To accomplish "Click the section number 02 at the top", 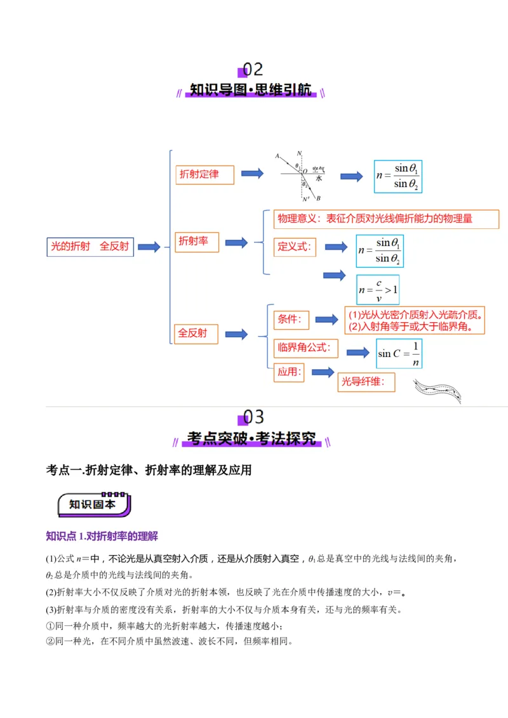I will tap(253, 69).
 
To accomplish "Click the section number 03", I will tap(253, 417).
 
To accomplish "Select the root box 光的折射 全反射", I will tap(90, 247).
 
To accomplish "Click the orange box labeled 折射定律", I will tap(204, 174).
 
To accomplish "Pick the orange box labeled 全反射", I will tap(196, 334).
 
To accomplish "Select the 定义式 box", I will tap(295, 247).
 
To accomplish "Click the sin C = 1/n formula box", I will tap(398, 353).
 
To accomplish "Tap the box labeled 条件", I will tap(291, 320).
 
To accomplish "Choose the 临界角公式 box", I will tap(306, 348).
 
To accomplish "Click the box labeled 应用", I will tap(290, 372).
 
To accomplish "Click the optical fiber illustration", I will tap(437, 391).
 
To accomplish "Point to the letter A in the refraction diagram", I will tap(277, 155).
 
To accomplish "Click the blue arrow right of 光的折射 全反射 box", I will tap(149, 247).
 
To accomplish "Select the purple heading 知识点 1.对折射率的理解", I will tap(102, 536).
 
